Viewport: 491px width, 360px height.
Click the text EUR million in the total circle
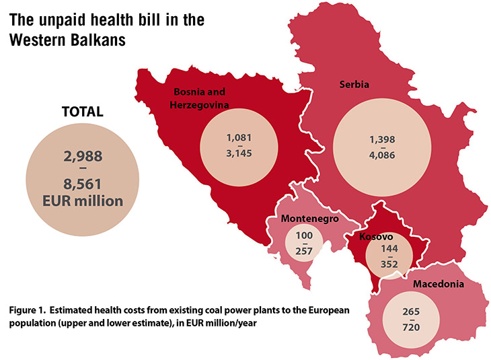pos(81,201)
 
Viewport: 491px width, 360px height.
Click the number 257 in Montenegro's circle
pos(304,251)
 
